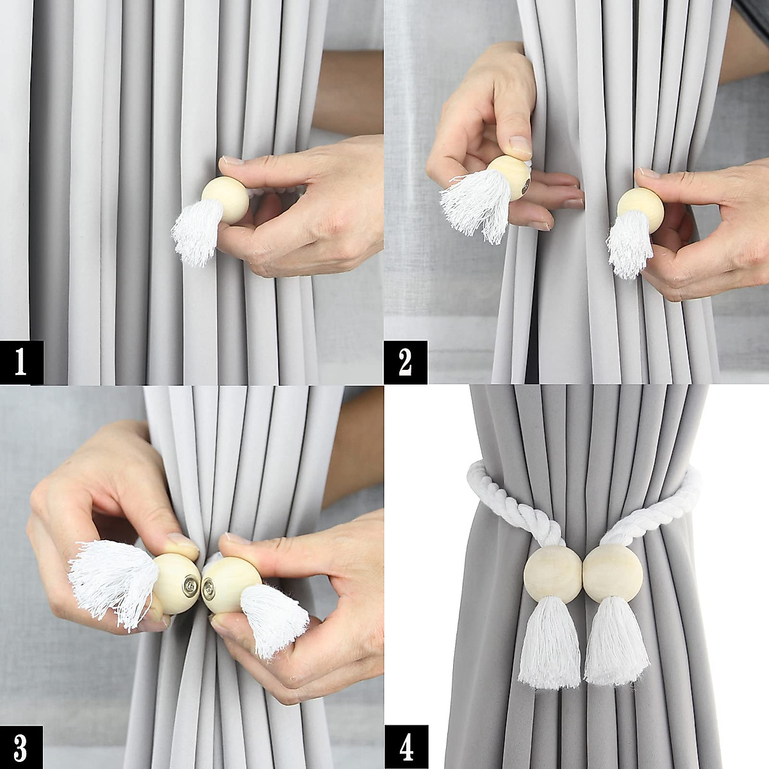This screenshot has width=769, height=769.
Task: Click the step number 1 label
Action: (x=21, y=362)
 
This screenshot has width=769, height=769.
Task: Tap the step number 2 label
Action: (x=405, y=362)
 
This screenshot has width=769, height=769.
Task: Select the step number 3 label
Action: (x=21, y=747)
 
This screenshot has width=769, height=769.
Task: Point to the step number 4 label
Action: (x=405, y=747)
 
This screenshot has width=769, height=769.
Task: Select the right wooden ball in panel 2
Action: (x=640, y=210)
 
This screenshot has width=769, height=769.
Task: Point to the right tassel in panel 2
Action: (x=629, y=244)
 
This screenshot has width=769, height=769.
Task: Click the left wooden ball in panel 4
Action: (x=552, y=572)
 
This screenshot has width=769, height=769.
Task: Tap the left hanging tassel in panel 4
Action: (x=549, y=641)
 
